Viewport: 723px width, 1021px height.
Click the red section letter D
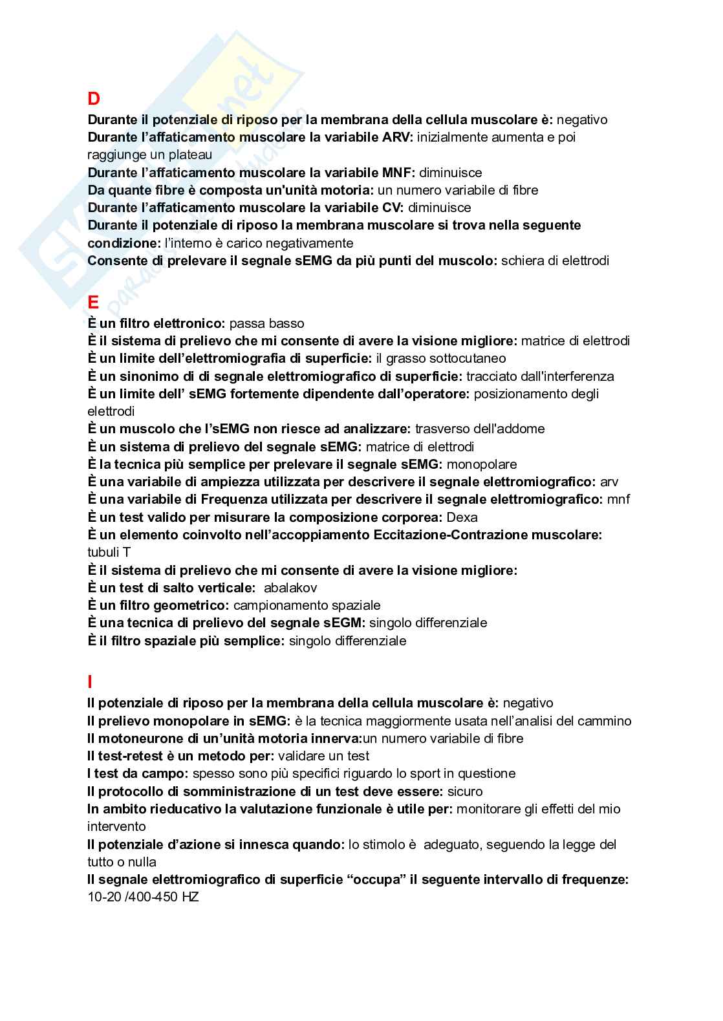pyautogui.click(x=94, y=99)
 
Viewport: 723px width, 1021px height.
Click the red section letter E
pyautogui.click(x=94, y=303)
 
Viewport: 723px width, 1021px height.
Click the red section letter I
pyautogui.click(x=90, y=682)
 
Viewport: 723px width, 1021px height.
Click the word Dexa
pyautogui.click(x=462, y=517)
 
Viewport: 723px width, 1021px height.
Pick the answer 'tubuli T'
pyautogui.click(x=109, y=552)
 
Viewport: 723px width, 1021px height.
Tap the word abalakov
pyautogui.click(x=290, y=588)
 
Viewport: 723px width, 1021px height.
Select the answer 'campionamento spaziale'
pyautogui.click(x=307, y=605)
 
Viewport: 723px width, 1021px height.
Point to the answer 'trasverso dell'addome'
pyautogui.click(x=480, y=429)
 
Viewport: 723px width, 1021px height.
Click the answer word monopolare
pyautogui.click(x=482, y=464)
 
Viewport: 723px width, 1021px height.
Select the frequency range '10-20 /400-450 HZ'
pyautogui.click(x=143, y=897)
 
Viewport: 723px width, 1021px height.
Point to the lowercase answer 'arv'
pyautogui.click(x=609, y=482)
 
